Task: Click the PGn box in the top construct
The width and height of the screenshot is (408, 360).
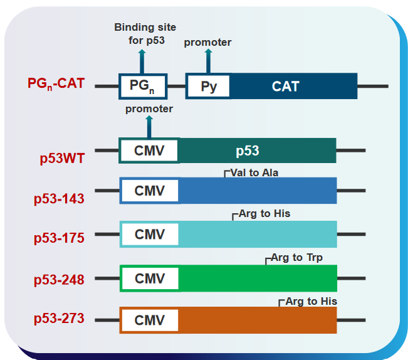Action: click(143, 86)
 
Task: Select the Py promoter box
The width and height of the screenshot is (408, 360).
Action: click(209, 86)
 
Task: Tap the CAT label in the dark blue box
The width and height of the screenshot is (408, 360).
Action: click(285, 87)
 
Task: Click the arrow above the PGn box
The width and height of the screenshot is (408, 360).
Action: click(142, 61)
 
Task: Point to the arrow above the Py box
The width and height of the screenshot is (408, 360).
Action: click(208, 61)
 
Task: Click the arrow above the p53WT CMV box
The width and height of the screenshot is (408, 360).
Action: click(149, 127)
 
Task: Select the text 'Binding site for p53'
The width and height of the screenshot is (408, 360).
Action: click(145, 34)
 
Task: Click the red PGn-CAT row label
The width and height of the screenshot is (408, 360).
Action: click(56, 84)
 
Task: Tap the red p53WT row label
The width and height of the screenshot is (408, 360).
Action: click(62, 158)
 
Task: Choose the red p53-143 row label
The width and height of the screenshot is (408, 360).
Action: click(59, 199)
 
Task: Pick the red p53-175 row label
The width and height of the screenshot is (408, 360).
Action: click(59, 238)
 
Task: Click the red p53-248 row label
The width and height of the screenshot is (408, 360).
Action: click(59, 280)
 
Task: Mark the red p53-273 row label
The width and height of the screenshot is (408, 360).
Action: click(59, 318)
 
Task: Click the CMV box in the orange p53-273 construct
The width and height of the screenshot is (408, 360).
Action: click(150, 320)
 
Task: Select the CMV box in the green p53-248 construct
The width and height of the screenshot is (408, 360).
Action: click(150, 278)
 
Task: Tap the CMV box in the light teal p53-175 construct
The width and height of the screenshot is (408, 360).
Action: click(150, 235)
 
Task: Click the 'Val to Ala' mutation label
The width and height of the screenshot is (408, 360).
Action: click(254, 172)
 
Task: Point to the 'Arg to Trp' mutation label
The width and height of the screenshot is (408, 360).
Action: click(296, 257)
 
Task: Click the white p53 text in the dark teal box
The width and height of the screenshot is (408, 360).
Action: click(248, 151)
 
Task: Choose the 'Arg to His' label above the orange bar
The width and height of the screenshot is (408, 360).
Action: click(311, 302)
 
